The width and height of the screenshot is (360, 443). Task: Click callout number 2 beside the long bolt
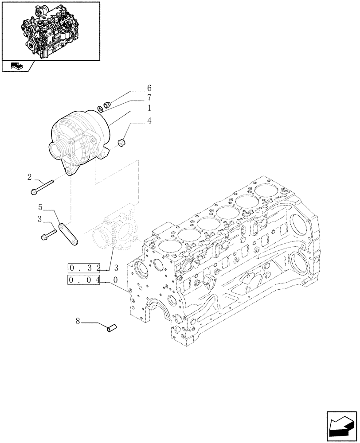pyautogui.click(x=29, y=177)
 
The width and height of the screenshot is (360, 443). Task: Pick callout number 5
pyautogui.click(x=40, y=207)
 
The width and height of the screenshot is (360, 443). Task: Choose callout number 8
pyautogui.click(x=78, y=322)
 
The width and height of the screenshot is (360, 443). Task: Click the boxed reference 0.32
pyautogui.click(x=84, y=268)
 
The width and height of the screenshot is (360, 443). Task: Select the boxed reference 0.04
pyautogui.click(x=84, y=280)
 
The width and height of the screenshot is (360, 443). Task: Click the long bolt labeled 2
pyautogui.click(x=42, y=187)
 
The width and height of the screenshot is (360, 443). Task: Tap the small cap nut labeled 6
pyautogui.click(x=106, y=105)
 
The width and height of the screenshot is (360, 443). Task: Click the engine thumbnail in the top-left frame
pyautogui.click(x=50, y=31)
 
